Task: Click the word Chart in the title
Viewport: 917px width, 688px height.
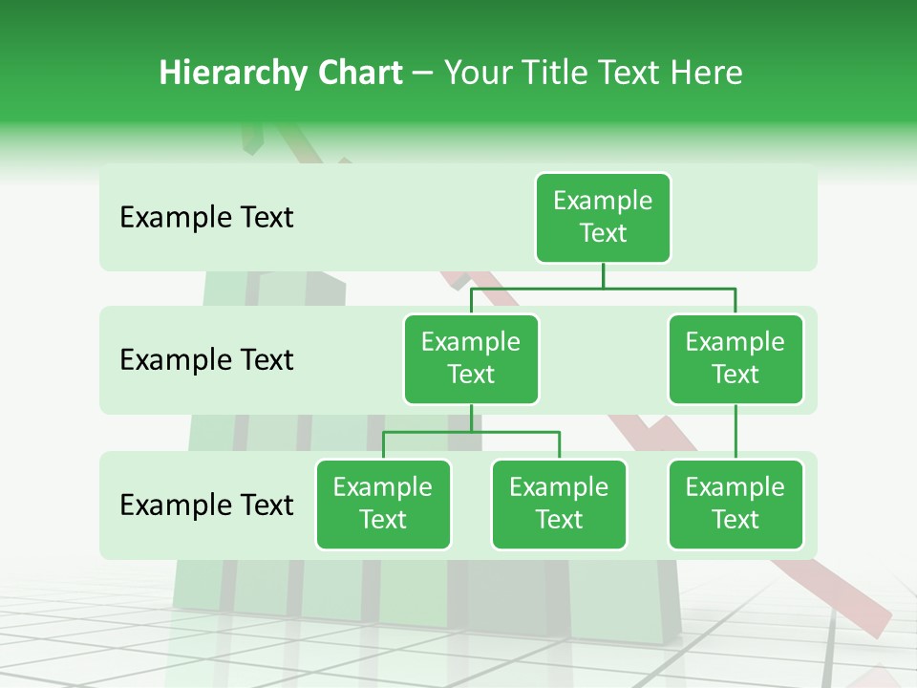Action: (x=359, y=74)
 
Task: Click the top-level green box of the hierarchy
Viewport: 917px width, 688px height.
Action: (x=603, y=218)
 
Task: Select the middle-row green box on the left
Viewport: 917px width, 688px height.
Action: (x=471, y=359)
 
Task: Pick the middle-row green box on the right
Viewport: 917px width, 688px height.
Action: (x=736, y=359)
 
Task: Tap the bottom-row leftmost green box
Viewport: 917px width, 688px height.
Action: (x=383, y=505)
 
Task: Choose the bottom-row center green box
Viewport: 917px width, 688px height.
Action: (x=559, y=505)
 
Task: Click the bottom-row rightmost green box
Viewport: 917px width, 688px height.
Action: (x=736, y=505)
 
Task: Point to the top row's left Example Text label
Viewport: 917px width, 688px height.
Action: (x=206, y=218)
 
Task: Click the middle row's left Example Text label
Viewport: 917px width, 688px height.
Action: (x=206, y=360)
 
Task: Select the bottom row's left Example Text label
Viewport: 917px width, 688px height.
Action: (x=206, y=505)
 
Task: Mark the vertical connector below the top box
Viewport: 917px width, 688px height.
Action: (x=603, y=275)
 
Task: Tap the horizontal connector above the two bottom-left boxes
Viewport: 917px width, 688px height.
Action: (x=471, y=432)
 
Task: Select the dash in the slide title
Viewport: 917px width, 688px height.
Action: (x=423, y=74)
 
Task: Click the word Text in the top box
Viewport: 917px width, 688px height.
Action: (x=603, y=233)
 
